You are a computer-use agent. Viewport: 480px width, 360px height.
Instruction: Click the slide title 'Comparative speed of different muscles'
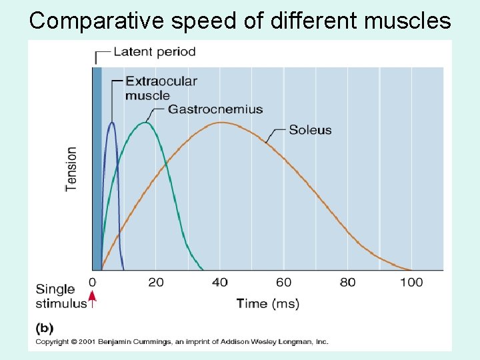240,21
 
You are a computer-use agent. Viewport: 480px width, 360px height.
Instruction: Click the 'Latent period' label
155,51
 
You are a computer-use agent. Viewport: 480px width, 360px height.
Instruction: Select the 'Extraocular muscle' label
161,88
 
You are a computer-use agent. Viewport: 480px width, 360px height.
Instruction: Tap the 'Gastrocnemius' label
215,109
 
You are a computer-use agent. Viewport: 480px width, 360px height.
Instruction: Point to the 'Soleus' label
310,130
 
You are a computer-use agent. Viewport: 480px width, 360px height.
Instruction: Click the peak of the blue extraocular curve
111,123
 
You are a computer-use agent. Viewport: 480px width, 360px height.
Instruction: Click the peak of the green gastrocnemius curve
145,123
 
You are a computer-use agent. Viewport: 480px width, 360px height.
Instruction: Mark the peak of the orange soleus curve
221,123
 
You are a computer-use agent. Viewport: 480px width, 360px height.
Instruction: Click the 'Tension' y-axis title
71,169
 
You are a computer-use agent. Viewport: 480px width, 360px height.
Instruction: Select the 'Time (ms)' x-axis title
268,303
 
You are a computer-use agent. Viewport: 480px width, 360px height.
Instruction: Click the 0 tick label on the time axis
93,282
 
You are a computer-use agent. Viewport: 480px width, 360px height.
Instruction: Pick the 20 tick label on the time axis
156,282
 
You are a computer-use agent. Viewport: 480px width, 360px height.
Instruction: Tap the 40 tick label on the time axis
219,282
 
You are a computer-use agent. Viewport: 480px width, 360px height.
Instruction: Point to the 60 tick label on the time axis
283,282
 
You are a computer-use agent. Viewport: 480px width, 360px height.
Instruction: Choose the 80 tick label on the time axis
347,282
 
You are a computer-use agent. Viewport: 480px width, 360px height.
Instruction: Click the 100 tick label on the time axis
411,282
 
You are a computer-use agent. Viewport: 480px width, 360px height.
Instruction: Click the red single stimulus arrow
93,298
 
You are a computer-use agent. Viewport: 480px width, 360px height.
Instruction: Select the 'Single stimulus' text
60,296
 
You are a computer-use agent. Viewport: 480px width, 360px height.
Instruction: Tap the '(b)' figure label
44,328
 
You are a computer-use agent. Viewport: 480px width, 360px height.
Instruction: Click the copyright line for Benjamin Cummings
181,342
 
